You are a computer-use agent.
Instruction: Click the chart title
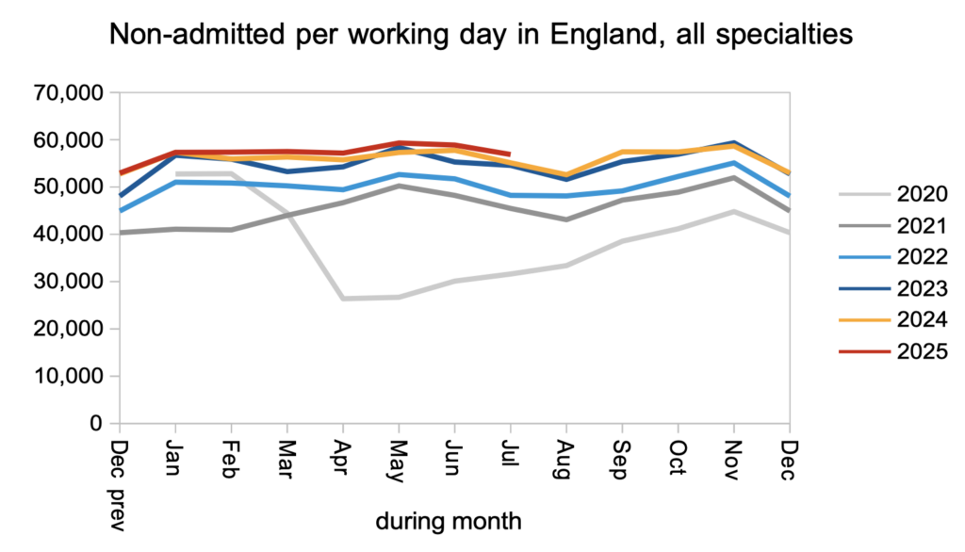pyautogui.click(x=482, y=37)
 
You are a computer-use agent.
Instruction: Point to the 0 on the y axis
pyautogui.click(x=96, y=424)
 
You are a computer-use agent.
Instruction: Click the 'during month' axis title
pyautogui.click(x=448, y=520)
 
